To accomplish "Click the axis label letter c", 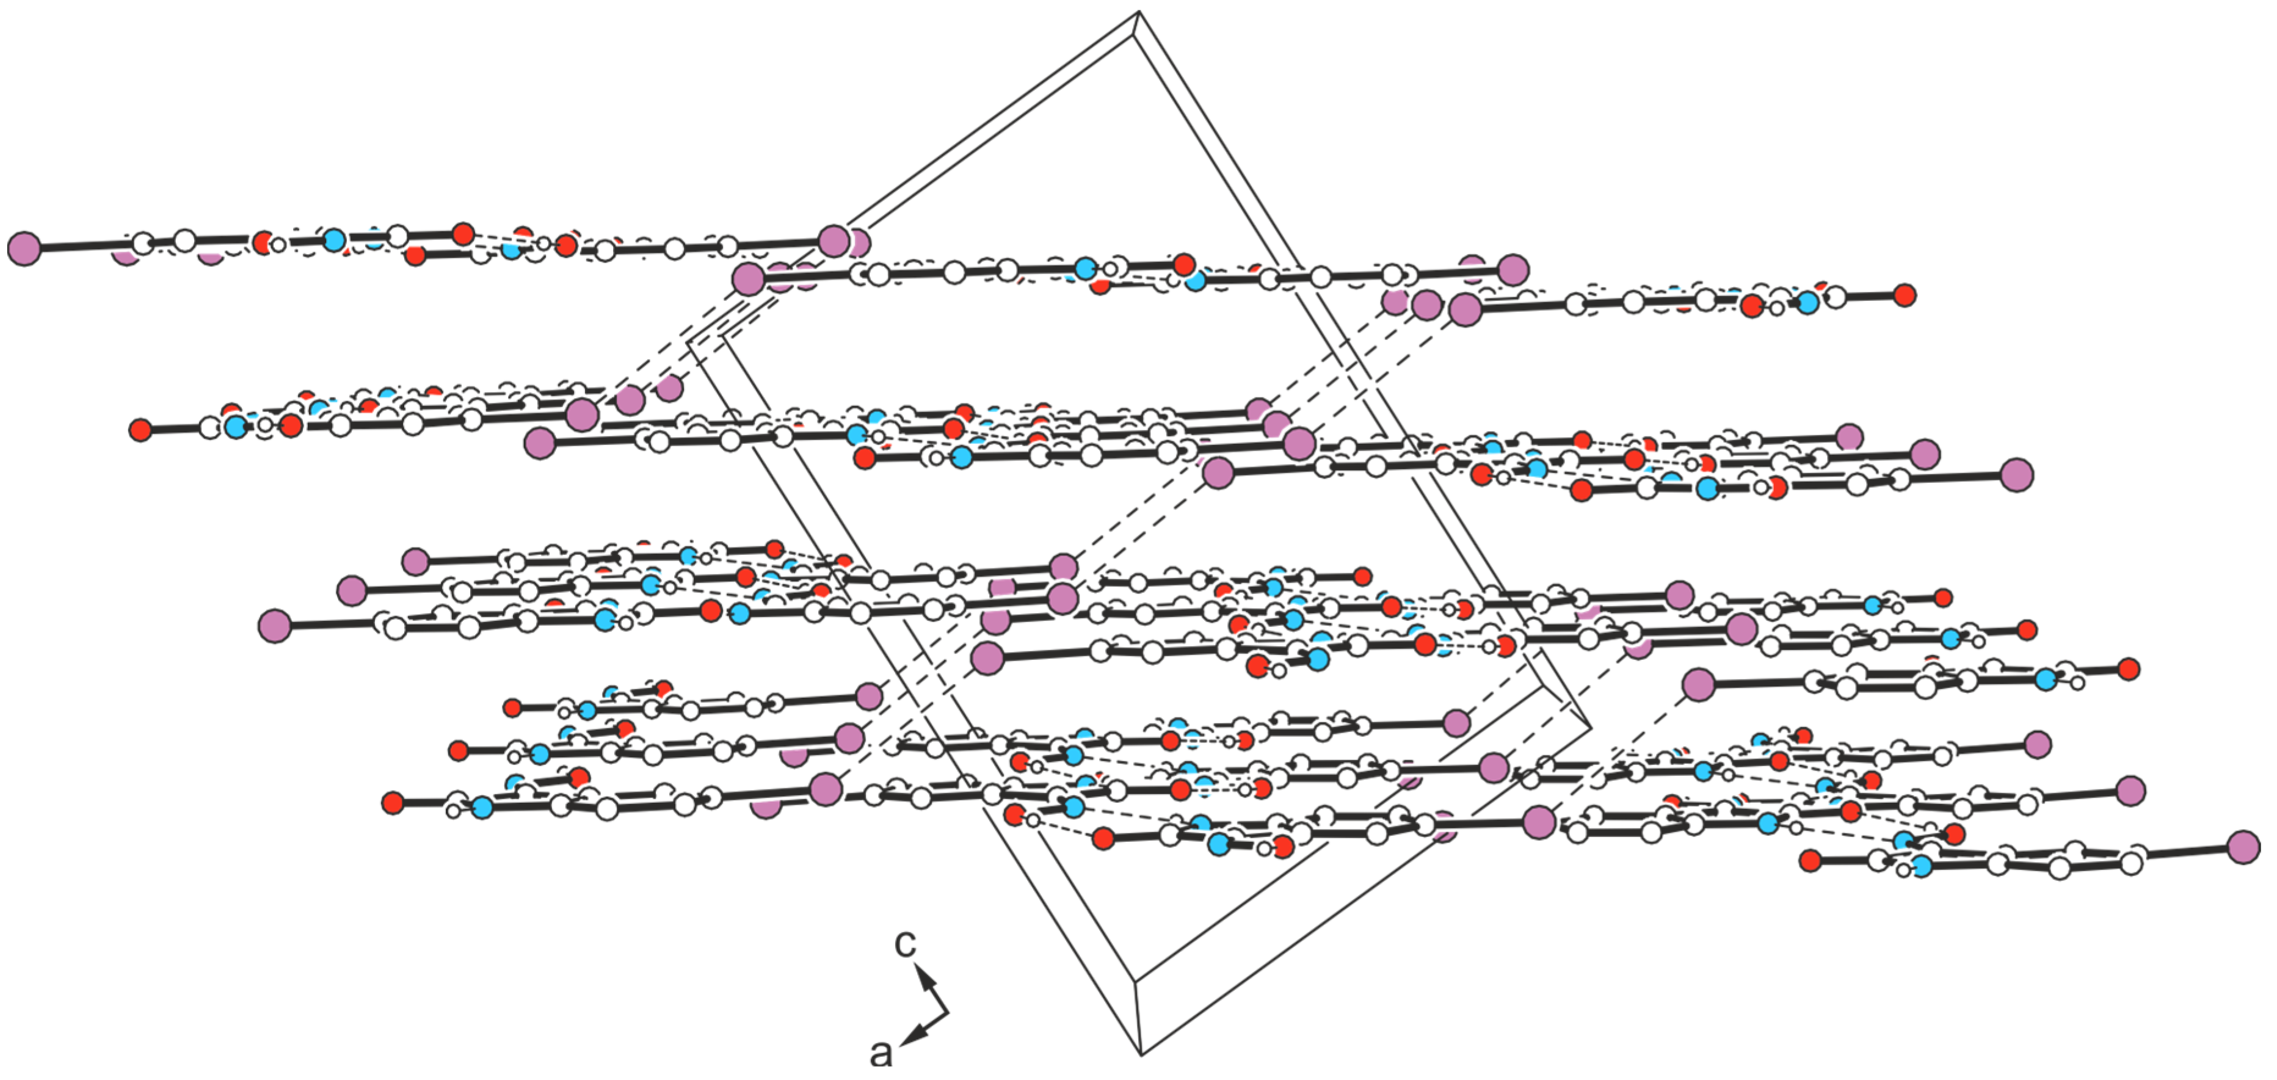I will click(x=905, y=943).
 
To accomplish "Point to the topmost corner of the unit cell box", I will click(x=1138, y=12).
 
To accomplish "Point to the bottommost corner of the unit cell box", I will click(x=1141, y=1054).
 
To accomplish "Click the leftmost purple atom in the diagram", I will click(x=24, y=248).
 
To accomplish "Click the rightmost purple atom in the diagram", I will click(x=2243, y=847).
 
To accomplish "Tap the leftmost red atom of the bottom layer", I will click(x=393, y=802).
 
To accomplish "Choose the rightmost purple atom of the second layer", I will click(x=2016, y=474).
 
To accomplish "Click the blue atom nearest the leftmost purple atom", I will click(x=333, y=239).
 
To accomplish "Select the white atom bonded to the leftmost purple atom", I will click(x=142, y=243).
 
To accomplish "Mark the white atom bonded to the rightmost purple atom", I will click(x=2131, y=861).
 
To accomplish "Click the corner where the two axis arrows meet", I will click(x=948, y=1012).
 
